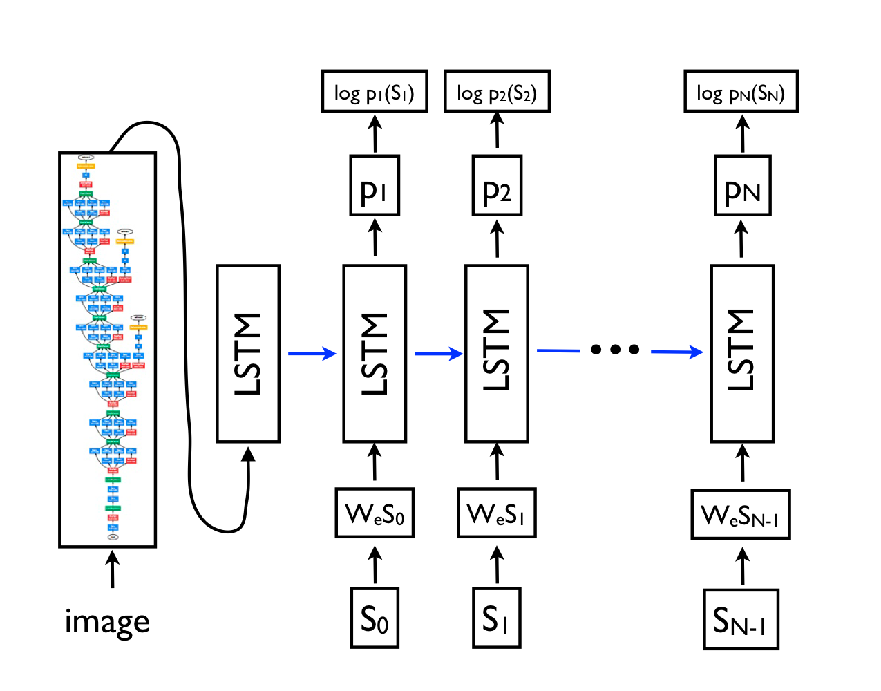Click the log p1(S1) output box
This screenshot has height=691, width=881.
tap(375, 91)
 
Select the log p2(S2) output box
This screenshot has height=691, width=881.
tap(497, 91)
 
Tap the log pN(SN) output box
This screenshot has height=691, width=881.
tap(741, 91)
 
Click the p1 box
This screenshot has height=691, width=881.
tap(375, 186)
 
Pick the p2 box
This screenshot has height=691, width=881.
tap(497, 186)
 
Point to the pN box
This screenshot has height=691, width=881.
tap(742, 186)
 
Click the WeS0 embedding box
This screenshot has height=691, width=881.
tap(375, 513)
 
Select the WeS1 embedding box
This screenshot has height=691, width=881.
tap(496, 513)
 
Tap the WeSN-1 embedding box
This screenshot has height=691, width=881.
tap(741, 514)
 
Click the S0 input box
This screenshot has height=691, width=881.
tap(375, 618)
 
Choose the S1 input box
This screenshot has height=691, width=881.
tap(496, 618)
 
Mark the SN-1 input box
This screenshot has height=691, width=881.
tap(741, 619)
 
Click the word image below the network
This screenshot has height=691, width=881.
tap(107, 621)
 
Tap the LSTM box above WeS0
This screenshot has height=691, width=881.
tap(375, 354)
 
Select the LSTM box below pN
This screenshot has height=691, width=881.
tap(742, 354)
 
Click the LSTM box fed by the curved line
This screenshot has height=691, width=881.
tap(248, 354)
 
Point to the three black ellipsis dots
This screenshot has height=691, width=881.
tap(615, 350)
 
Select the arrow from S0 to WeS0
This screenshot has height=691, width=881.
tap(375, 564)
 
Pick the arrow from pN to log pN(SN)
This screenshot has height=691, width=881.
tap(742, 133)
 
